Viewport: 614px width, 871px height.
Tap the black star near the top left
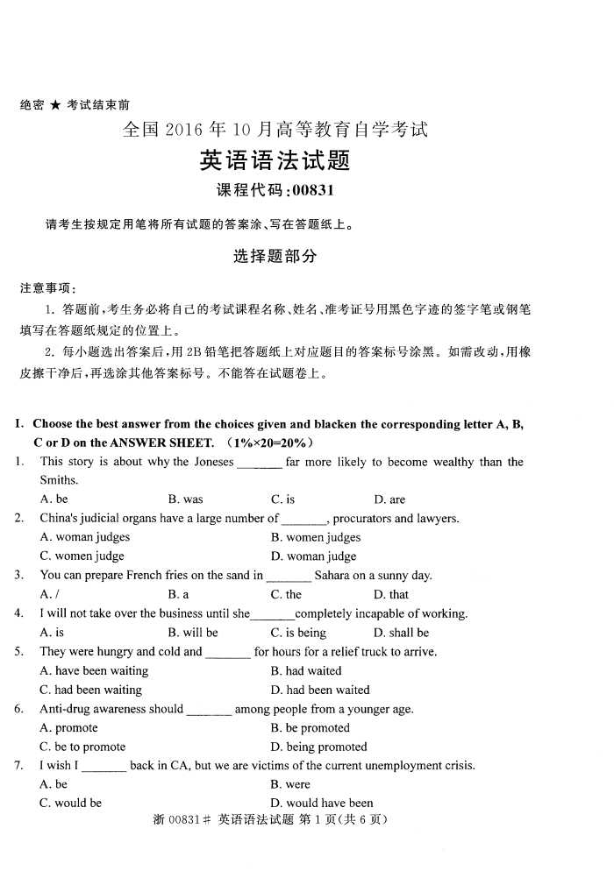55,105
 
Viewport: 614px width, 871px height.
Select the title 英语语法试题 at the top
275,160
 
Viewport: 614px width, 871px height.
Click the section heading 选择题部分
275,257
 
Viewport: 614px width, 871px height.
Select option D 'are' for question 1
389,499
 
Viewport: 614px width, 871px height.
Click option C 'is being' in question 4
298,633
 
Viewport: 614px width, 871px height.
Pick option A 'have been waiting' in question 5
94,671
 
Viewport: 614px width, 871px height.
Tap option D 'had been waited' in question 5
320,690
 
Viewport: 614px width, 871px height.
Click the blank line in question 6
210,711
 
